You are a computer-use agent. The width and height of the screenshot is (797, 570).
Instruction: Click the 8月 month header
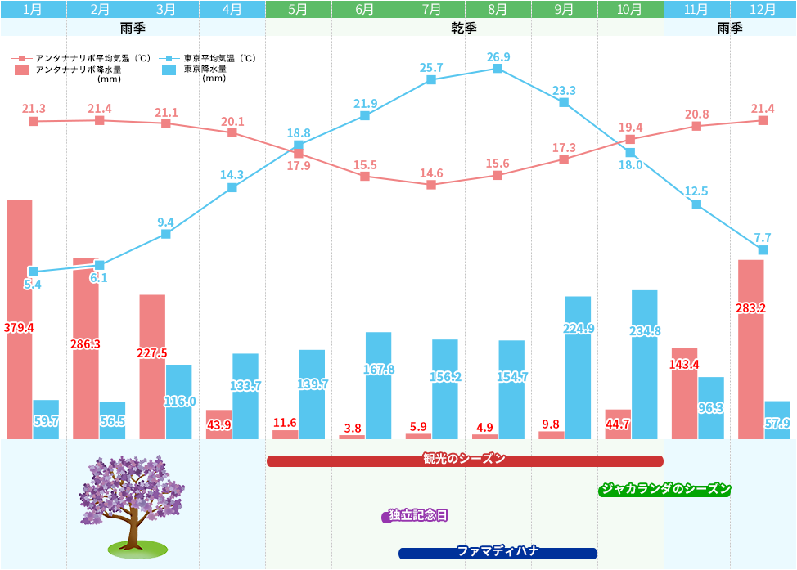[x=498, y=9]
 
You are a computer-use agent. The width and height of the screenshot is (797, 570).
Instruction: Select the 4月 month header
[x=232, y=9]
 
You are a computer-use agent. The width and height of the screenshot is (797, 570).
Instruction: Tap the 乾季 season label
[x=464, y=27]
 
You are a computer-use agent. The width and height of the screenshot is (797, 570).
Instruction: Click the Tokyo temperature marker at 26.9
[x=498, y=69]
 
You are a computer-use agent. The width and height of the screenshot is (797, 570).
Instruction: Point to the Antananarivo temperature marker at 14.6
[x=431, y=185]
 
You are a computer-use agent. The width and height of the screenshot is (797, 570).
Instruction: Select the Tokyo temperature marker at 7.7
[x=763, y=249]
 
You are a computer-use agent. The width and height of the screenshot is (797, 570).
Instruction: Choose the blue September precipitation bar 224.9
[x=578, y=368]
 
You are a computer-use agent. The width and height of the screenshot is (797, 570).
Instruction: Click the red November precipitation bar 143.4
[x=684, y=393]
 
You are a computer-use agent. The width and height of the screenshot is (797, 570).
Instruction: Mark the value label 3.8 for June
[x=353, y=428]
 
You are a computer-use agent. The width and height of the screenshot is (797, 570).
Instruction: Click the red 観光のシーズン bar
[x=464, y=460]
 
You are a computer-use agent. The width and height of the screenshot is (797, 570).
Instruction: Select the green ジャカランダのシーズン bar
[x=664, y=489]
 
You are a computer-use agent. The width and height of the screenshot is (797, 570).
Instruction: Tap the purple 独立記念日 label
[x=417, y=515]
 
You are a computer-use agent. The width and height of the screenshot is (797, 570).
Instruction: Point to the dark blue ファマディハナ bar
[x=498, y=552]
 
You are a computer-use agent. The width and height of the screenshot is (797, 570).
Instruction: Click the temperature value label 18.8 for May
[x=299, y=132]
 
